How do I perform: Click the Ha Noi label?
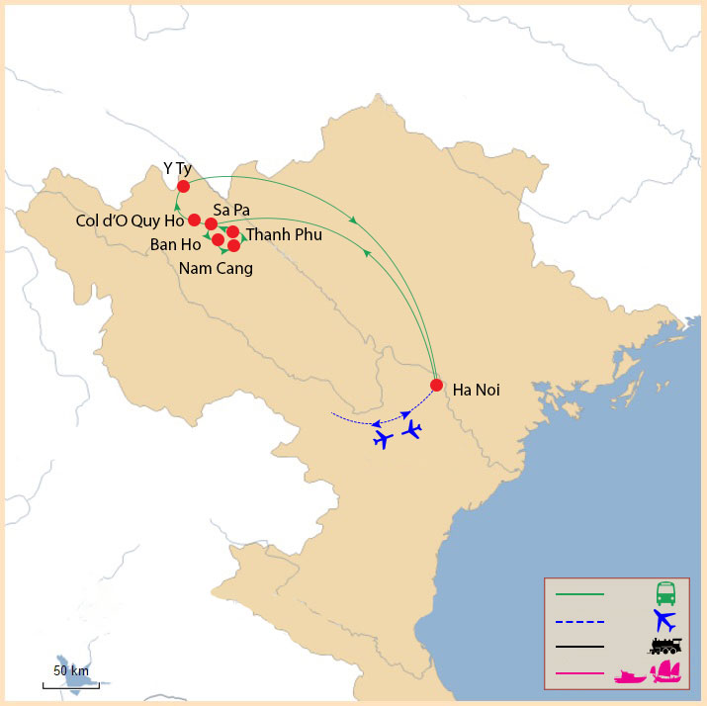click(x=476, y=391)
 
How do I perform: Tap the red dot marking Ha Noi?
click(x=436, y=386)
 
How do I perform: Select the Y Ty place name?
click(x=177, y=168)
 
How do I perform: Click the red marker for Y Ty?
click(x=183, y=186)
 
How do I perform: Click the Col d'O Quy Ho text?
click(x=130, y=221)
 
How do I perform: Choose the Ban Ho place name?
click(x=176, y=243)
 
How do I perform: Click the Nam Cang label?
click(x=216, y=267)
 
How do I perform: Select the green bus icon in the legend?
click(x=665, y=594)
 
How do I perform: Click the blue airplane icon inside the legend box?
click(x=664, y=621)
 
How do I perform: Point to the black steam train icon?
click(x=665, y=647)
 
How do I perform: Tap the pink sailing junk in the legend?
click(x=668, y=673)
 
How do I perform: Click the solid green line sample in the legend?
click(x=579, y=595)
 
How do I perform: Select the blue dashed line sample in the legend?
click(x=579, y=621)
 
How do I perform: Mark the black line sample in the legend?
click(x=579, y=648)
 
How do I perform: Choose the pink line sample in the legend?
click(x=579, y=673)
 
